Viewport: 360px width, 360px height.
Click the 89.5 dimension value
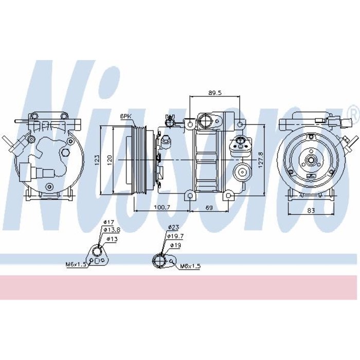click(214, 93)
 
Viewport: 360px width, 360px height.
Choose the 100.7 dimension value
click(162, 207)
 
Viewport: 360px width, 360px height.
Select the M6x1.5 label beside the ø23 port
click(190, 266)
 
